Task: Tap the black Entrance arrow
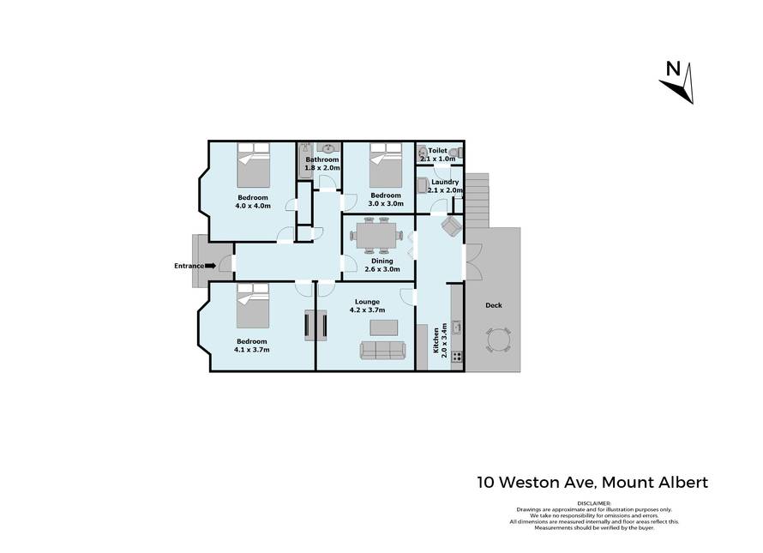point(210,266)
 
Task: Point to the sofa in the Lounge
point(383,351)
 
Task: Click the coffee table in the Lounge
point(383,328)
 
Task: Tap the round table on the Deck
point(498,340)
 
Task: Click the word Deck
point(494,305)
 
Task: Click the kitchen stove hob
point(456,356)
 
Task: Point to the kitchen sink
point(456,328)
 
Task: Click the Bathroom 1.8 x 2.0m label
point(322,164)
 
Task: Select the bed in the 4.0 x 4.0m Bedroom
point(253,164)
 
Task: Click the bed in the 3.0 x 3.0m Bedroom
point(386,165)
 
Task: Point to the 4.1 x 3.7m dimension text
point(251,350)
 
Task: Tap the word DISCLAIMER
point(593,503)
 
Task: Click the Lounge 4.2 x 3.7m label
point(368,306)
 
